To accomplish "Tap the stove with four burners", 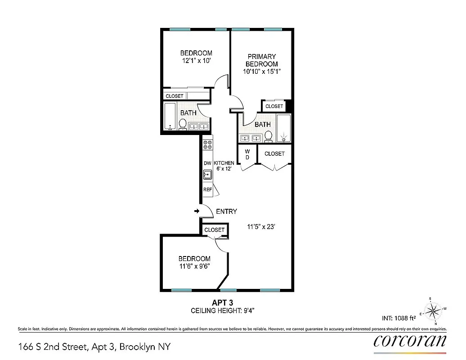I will coord(208,145).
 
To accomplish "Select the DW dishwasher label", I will coord(207,163).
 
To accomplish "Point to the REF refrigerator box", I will coord(207,189).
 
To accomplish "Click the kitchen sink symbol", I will coord(207,175).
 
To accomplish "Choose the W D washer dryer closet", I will coord(247,155).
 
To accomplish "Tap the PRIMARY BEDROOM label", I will coord(261,60).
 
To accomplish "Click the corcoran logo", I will coord(410,340).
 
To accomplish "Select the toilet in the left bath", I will coord(183,124).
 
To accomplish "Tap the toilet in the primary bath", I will coord(269,136).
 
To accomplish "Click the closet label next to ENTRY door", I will coord(214,229).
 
